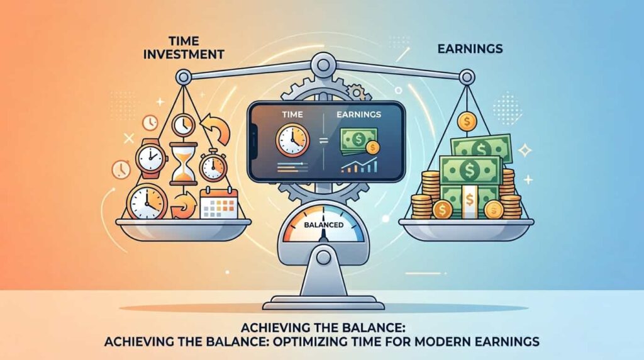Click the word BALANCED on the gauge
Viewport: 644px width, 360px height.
pyautogui.click(x=324, y=225)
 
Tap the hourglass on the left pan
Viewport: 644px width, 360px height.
pyautogui.click(x=183, y=163)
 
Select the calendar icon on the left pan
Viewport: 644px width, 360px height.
pyautogui.click(x=219, y=203)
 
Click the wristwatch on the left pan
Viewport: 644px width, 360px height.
pyautogui.click(x=151, y=158)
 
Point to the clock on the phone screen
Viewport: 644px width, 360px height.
pyautogui.click(x=293, y=140)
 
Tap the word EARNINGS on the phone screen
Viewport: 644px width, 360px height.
pyautogui.click(x=358, y=115)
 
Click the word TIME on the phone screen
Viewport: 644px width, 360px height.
pyautogui.click(x=292, y=115)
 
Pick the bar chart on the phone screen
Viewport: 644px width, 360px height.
pyautogui.click(x=360, y=165)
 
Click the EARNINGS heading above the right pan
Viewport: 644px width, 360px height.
pyautogui.click(x=470, y=49)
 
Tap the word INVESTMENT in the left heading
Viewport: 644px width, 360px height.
pyautogui.click(x=184, y=54)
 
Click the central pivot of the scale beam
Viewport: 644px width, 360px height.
pyautogui.click(x=323, y=65)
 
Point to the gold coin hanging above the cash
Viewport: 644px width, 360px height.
pyautogui.click(x=467, y=121)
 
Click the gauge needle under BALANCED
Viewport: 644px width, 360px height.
pyautogui.click(x=323, y=235)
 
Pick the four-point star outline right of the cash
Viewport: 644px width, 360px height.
pyautogui.click(x=525, y=151)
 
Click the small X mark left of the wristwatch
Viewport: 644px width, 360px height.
pyautogui.click(x=129, y=138)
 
